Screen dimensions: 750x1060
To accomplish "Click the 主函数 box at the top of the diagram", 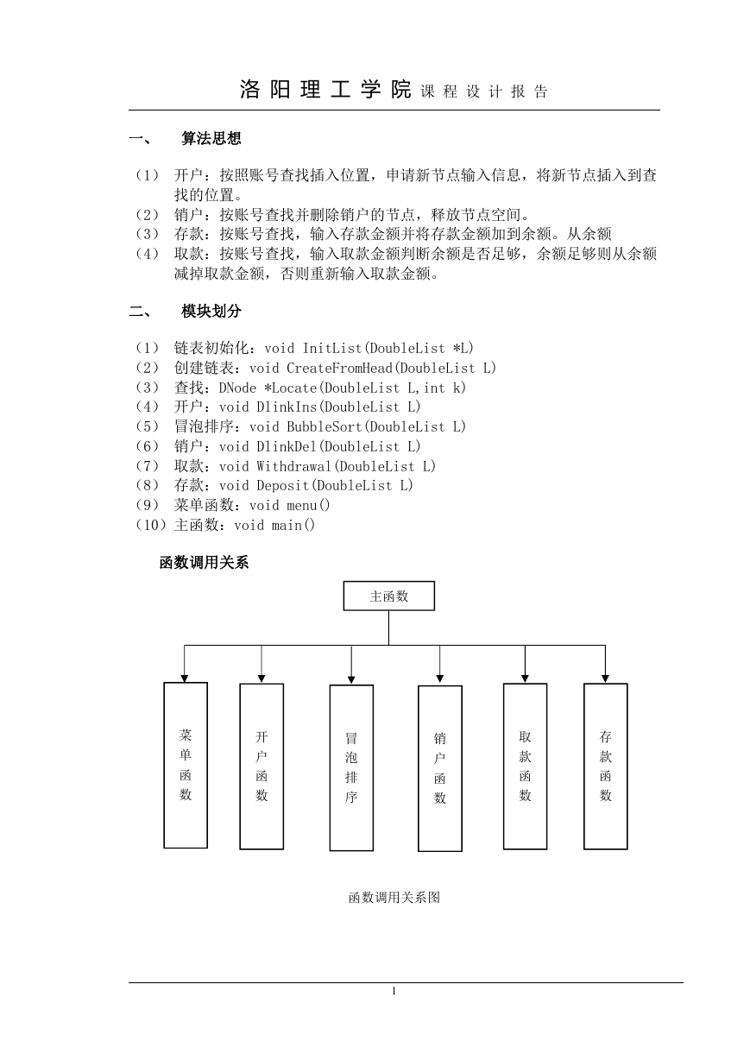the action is click(388, 596).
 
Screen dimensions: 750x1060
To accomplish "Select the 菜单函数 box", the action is click(186, 765).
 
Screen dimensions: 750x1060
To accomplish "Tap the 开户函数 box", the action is click(262, 767).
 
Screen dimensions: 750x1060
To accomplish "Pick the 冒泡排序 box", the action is click(351, 767).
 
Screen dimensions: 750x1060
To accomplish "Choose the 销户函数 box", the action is click(439, 768).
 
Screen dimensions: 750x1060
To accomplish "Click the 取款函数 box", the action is click(525, 767).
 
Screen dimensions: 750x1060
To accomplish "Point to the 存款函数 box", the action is click(605, 767).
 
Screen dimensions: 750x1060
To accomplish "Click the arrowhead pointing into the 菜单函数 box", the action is click(185, 678).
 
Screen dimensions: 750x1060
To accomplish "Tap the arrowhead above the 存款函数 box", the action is click(605, 678).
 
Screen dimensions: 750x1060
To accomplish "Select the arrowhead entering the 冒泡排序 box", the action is click(351, 680).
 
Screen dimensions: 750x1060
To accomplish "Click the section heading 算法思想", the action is click(211, 138).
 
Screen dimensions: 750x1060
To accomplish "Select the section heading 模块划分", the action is click(211, 311).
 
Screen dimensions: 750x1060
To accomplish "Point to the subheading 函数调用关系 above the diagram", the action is click(204, 562).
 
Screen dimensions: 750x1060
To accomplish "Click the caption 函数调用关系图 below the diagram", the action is click(394, 897).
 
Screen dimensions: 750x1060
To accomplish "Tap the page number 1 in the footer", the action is click(394, 991).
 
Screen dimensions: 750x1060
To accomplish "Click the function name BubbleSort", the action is click(325, 426).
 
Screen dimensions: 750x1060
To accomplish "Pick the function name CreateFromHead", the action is click(340, 369).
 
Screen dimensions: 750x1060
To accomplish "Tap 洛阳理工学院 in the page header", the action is click(325, 90).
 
